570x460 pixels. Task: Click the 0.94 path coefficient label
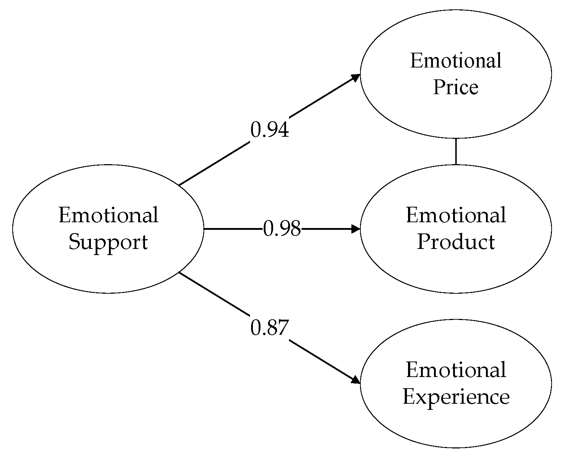(x=269, y=130)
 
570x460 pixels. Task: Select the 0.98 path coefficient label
(x=282, y=229)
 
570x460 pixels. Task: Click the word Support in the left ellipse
(x=108, y=242)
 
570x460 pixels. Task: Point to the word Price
(x=456, y=87)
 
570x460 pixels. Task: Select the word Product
(x=456, y=242)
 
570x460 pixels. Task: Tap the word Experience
(x=456, y=397)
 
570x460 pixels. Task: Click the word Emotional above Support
(x=108, y=215)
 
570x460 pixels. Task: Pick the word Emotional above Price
(x=456, y=61)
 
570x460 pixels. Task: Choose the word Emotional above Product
(x=456, y=215)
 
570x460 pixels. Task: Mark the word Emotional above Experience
(x=456, y=370)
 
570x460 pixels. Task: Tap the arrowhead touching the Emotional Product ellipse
(x=356, y=229)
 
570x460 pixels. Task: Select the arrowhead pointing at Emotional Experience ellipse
(x=356, y=380)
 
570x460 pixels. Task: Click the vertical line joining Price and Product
(x=456, y=152)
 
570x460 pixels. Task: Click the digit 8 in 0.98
(x=295, y=229)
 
